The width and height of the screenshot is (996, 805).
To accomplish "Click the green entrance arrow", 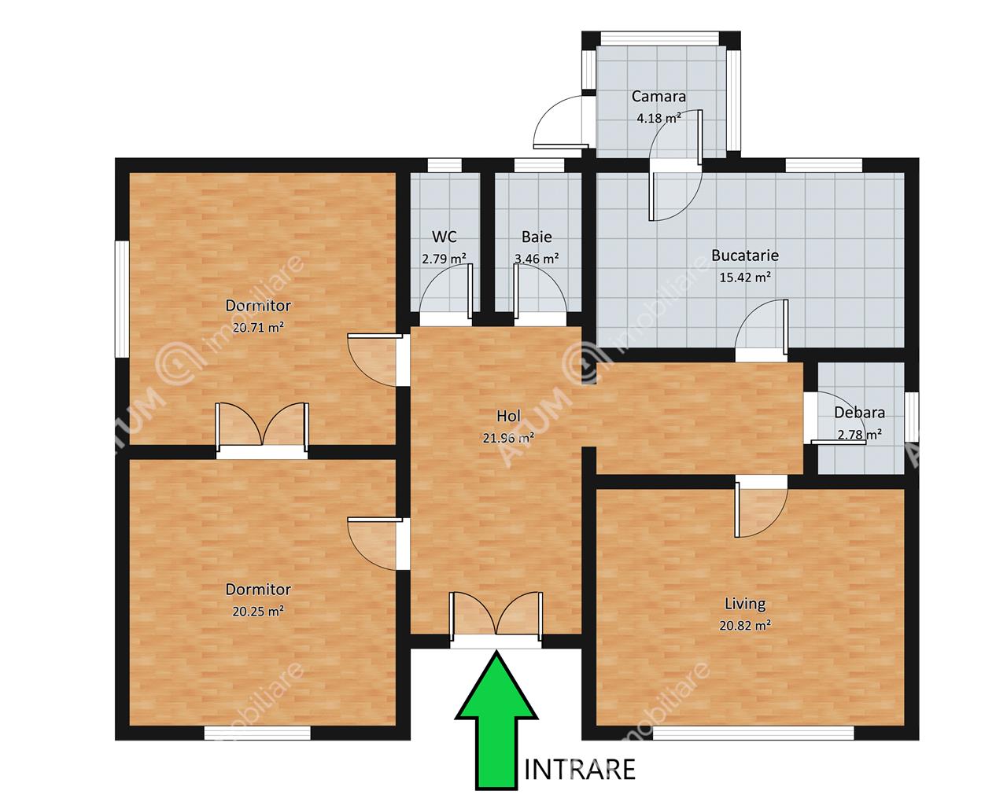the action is pyautogui.click(x=496, y=719).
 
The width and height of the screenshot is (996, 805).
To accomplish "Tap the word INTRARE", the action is pyautogui.click(x=580, y=770).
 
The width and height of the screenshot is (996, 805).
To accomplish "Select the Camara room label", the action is pyautogui.click(x=658, y=97).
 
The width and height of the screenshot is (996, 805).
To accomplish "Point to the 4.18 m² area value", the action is pyautogui.click(x=658, y=118).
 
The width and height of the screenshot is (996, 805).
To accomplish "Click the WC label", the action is pyautogui.click(x=444, y=237).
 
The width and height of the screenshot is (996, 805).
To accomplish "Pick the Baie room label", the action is pyautogui.click(x=537, y=237).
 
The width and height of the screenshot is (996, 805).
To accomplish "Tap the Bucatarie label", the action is pyautogui.click(x=745, y=255).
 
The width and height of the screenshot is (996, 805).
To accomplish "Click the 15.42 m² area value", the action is pyautogui.click(x=745, y=278).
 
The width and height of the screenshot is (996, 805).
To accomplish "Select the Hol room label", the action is pyautogui.click(x=508, y=416).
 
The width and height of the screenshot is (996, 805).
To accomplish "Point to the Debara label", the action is pyautogui.click(x=859, y=413).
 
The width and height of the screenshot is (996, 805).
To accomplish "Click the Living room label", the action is pyautogui.click(x=745, y=604).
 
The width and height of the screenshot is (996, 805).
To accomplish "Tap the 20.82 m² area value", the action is pyautogui.click(x=745, y=625).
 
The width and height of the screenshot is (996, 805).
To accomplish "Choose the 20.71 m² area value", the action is pyautogui.click(x=258, y=327).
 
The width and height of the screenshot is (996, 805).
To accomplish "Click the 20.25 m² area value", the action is pyautogui.click(x=258, y=611).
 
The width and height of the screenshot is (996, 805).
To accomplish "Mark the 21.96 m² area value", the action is pyautogui.click(x=508, y=438).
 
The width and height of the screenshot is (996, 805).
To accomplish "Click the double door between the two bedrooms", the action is pyautogui.click(x=262, y=429).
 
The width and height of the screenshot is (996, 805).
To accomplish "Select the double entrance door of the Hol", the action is pyautogui.click(x=496, y=618).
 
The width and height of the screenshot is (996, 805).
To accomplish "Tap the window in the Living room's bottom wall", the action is pyautogui.click(x=753, y=733).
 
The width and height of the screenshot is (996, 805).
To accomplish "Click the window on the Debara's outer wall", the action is pyautogui.click(x=911, y=417).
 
